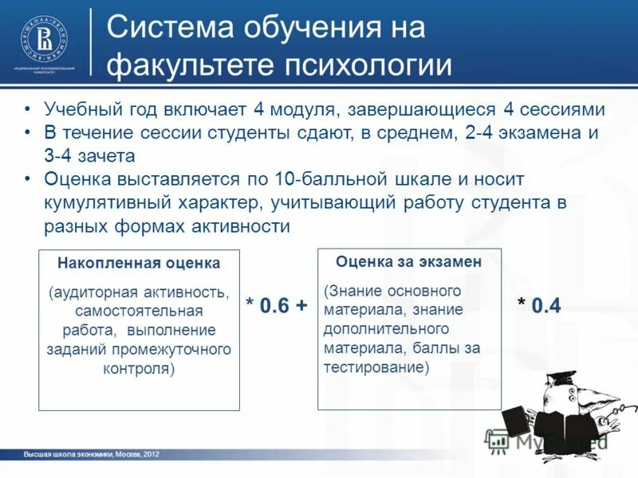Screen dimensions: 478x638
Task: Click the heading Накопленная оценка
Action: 139,262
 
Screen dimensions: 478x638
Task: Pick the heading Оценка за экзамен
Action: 408,261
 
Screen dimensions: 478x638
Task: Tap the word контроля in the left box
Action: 139,369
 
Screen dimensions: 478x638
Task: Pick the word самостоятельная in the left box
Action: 139,310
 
